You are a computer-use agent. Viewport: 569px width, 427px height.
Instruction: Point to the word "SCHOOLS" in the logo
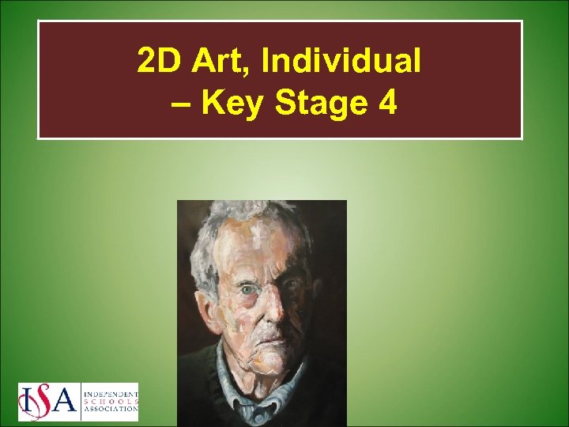pos(110,401)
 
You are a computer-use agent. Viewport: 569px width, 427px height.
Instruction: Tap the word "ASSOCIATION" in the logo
pos(110,410)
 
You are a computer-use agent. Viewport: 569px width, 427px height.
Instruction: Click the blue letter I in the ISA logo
pos(27,402)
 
